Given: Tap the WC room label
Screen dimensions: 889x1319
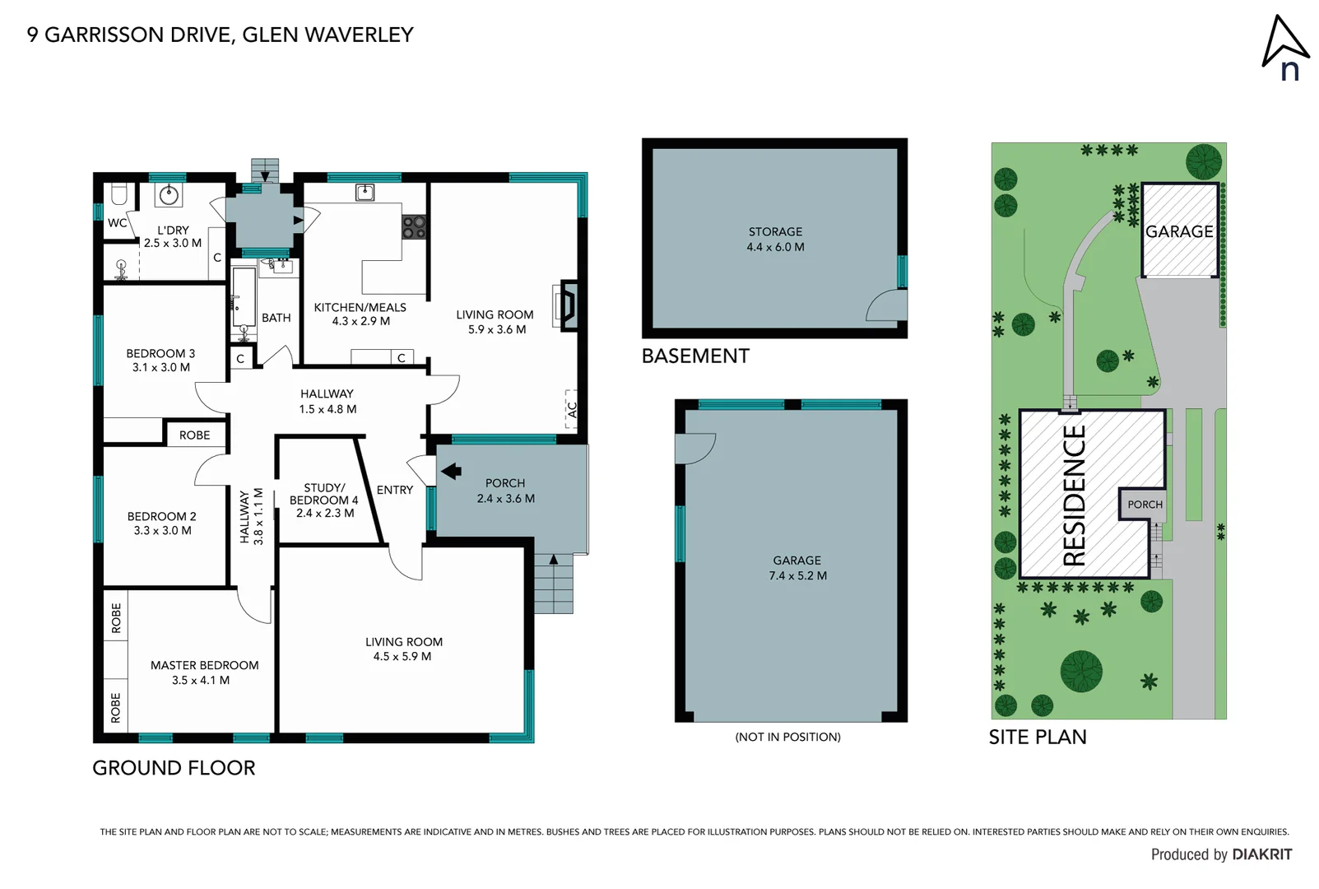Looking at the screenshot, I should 117,222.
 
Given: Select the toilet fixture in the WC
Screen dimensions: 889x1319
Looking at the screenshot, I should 119,194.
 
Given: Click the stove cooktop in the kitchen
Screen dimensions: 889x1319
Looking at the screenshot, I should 414,227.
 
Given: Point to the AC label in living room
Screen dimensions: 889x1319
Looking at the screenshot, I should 572,409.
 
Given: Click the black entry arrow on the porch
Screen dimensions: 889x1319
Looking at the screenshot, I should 451,471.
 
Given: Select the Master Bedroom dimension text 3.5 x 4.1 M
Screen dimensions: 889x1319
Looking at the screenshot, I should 201,680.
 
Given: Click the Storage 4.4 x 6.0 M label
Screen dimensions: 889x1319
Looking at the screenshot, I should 775,240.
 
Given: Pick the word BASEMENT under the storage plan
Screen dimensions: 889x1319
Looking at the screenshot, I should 695,356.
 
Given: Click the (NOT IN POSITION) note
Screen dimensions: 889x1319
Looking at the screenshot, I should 787,737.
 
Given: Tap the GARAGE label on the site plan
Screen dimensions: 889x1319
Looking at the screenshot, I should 1179,231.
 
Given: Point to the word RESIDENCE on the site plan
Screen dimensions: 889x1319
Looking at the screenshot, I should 1075,496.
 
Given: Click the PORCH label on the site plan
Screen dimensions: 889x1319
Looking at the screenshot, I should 1145,505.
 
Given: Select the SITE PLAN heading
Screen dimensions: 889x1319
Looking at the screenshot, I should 1037,737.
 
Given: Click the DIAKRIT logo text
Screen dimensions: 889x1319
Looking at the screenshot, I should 1261,854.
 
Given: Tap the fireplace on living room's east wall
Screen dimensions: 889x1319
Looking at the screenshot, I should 568,306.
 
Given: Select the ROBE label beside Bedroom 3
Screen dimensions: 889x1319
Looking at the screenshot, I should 194,435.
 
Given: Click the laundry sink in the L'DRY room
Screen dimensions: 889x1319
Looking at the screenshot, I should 170,195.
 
